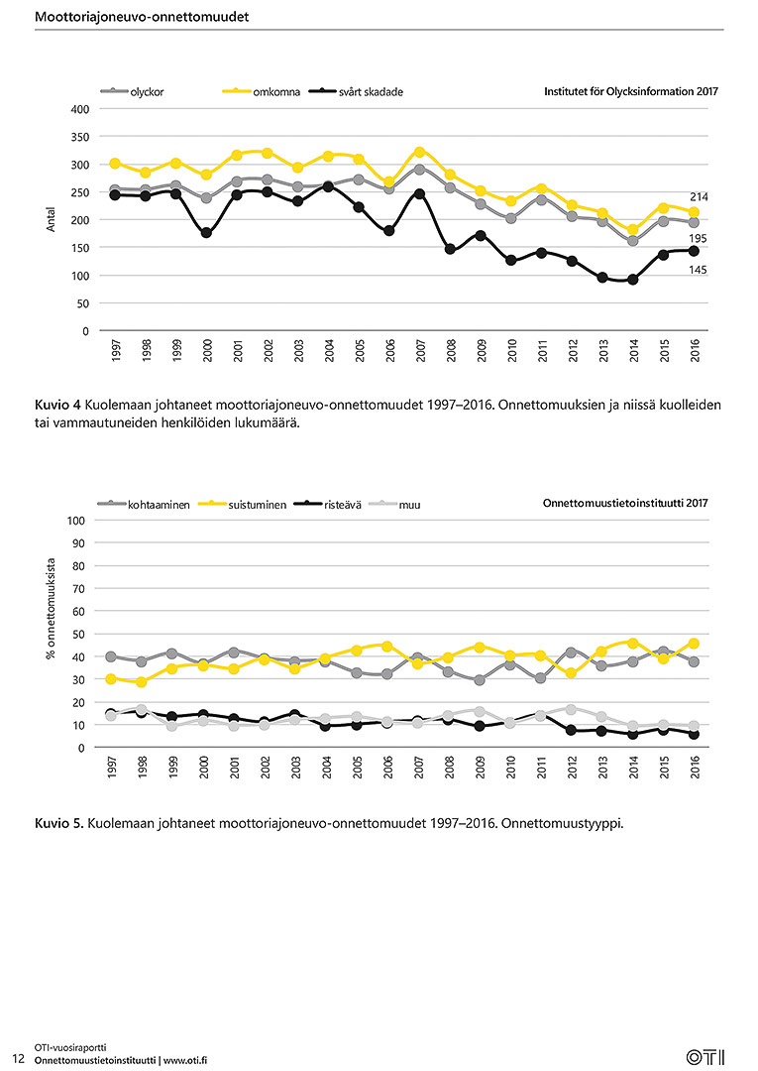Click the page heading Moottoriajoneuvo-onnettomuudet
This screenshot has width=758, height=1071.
point(142,17)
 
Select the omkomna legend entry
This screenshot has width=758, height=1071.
point(262,91)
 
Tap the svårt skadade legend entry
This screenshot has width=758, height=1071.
point(356,91)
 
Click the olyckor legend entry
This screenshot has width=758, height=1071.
point(133,91)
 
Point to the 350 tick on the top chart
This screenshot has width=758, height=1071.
point(80,137)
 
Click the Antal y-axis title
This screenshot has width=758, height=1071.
point(51,220)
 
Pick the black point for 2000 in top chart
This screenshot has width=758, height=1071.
point(206,233)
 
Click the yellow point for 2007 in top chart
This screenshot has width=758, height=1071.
point(419,153)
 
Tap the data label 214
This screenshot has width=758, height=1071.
point(699,196)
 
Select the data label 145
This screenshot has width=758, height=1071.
point(698,271)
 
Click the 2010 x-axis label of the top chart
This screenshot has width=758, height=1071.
point(511,351)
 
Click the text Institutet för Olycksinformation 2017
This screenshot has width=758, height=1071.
point(631,91)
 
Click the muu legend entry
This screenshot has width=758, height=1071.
point(395,505)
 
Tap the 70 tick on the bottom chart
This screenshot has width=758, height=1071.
point(79,589)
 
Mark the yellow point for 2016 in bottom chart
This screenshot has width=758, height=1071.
point(694,644)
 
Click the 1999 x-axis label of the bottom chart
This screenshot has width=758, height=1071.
point(173,767)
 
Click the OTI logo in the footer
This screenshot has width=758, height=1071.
point(705,1057)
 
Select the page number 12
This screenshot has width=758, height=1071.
point(19,1059)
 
